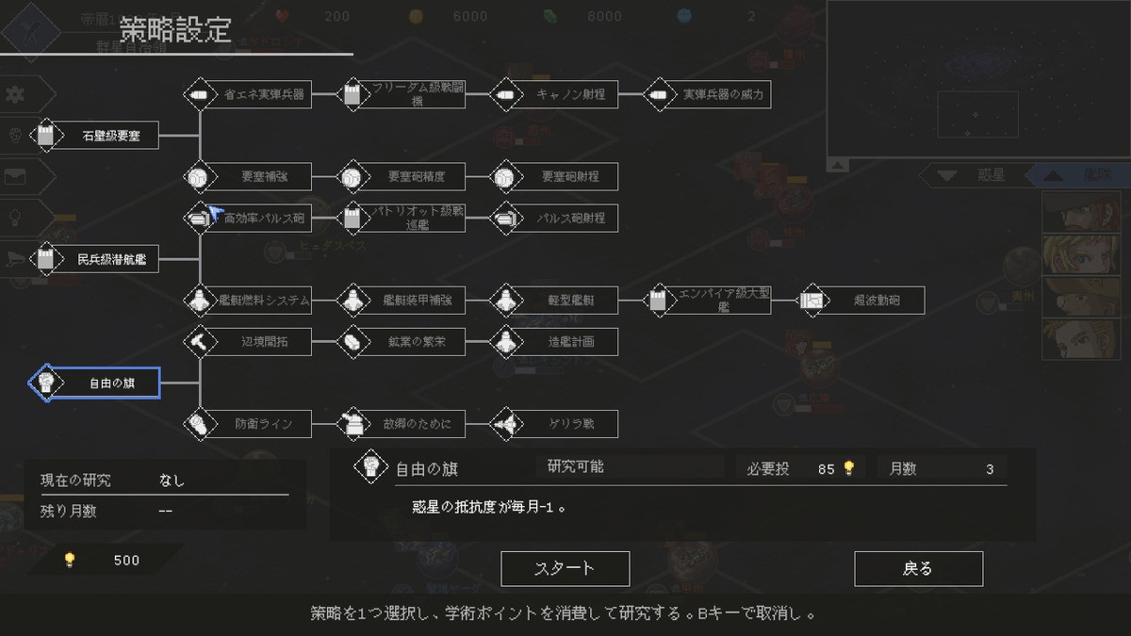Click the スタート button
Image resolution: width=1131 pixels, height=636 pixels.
click(565, 568)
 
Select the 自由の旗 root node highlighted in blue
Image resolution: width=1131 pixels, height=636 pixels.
click(95, 383)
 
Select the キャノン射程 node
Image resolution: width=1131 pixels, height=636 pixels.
click(555, 94)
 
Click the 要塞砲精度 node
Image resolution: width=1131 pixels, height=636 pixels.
click(403, 176)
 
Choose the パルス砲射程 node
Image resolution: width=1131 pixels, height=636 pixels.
click(555, 218)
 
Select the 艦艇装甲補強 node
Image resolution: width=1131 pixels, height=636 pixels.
click(403, 301)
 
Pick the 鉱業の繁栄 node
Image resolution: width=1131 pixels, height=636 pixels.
click(403, 341)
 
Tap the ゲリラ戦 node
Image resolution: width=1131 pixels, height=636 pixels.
click(555, 424)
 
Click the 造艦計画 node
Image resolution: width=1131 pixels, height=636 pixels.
click(555, 341)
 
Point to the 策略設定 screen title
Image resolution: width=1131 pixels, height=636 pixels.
click(175, 29)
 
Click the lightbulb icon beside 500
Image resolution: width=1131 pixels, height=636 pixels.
click(69, 560)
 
